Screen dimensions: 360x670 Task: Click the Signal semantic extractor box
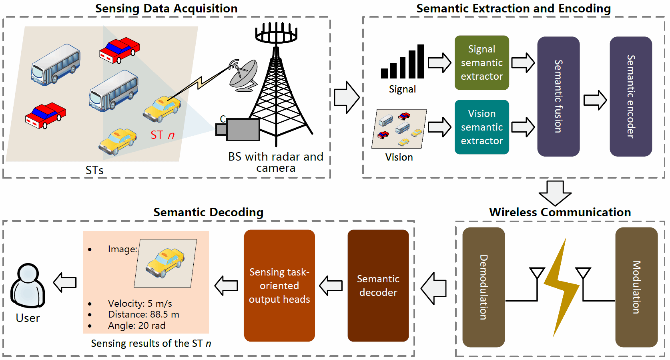point(481,62)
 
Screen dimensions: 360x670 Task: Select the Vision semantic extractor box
point(481,127)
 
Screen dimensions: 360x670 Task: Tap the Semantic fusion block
point(558,96)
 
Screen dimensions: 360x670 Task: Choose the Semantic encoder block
point(630,96)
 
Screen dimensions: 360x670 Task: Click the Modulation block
point(636,287)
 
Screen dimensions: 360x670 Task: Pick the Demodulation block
point(483,287)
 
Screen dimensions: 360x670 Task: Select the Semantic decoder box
point(378,285)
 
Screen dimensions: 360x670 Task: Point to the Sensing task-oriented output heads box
point(279,285)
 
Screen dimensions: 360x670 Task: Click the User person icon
point(28,285)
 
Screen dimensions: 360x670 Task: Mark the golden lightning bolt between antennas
point(560,286)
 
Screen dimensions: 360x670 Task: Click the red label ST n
point(162,135)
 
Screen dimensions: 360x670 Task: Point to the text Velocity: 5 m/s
point(140,304)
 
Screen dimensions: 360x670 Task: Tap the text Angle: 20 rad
point(136,326)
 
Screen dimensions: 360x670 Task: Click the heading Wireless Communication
point(560,212)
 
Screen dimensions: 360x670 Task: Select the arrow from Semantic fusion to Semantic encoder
point(595,100)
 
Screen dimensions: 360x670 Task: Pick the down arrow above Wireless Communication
point(555,193)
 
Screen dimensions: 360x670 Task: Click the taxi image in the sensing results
point(165,263)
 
